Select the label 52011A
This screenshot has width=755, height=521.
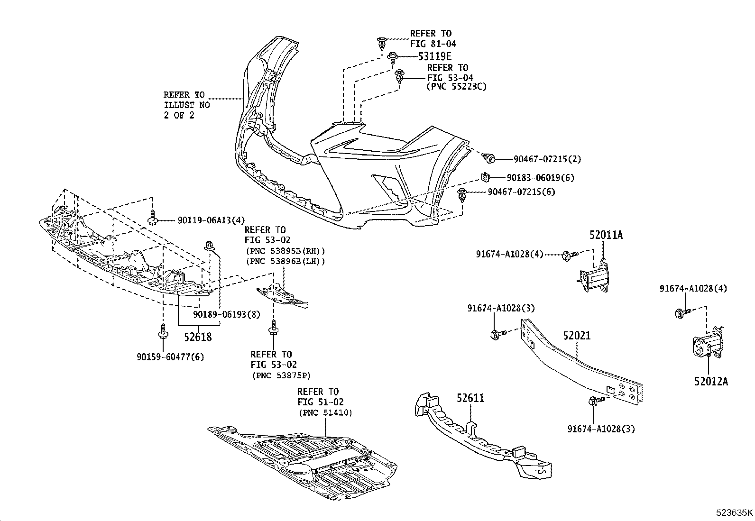click(606, 235)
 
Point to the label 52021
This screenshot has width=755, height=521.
click(577, 336)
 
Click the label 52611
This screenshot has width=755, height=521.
click(470, 398)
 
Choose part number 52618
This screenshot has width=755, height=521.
click(198, 337)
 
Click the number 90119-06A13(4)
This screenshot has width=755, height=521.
click(212, 220)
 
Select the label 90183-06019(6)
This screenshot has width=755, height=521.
click(540, 178)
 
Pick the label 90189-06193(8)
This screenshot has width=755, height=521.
click(227, 314)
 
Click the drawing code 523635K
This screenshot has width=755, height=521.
click(734, 513)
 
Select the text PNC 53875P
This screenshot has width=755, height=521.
click(281, 375)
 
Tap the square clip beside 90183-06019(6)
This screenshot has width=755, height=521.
click(485, 177)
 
